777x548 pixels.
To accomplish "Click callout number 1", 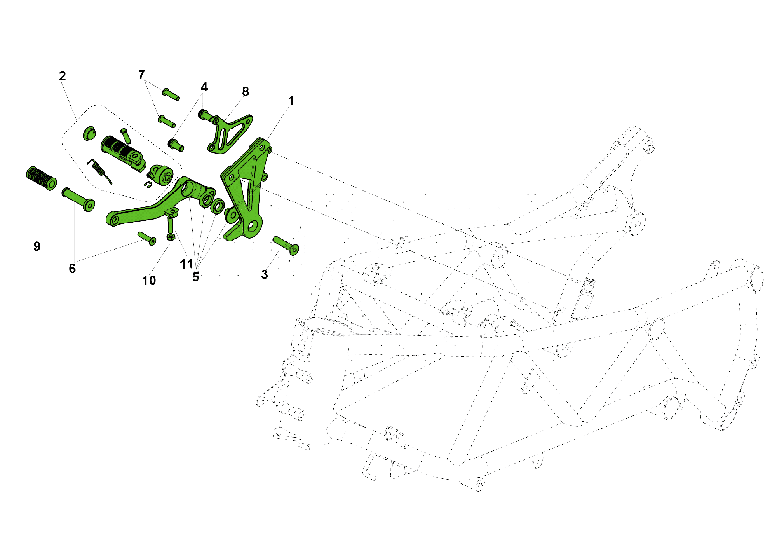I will pos(291,101).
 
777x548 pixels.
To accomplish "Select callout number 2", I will pos(63,76).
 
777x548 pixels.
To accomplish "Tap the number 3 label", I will pos(265,274).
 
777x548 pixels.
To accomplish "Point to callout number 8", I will pos(245,92).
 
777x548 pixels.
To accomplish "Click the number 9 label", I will pos(37,246).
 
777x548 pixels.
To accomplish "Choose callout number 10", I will pos(149,280).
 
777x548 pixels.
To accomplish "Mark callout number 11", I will pos(186,264).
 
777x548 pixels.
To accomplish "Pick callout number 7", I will pos(142,74).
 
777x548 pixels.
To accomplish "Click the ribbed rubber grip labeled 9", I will pos(41,178).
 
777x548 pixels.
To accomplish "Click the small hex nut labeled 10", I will pos(171,237).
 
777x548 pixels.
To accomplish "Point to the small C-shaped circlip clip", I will pos(148,184).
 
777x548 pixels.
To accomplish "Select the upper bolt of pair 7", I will pos(171,94).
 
